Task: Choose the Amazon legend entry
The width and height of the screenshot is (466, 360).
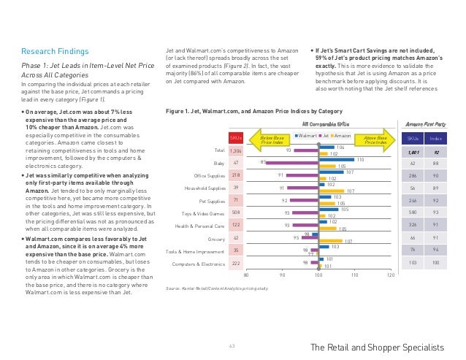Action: pos(339,136)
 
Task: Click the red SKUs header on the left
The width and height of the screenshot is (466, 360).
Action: pos(236,137)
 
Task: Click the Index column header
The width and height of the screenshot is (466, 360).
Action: pos(435,137)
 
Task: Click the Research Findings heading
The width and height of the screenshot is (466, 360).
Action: pos(55,52)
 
